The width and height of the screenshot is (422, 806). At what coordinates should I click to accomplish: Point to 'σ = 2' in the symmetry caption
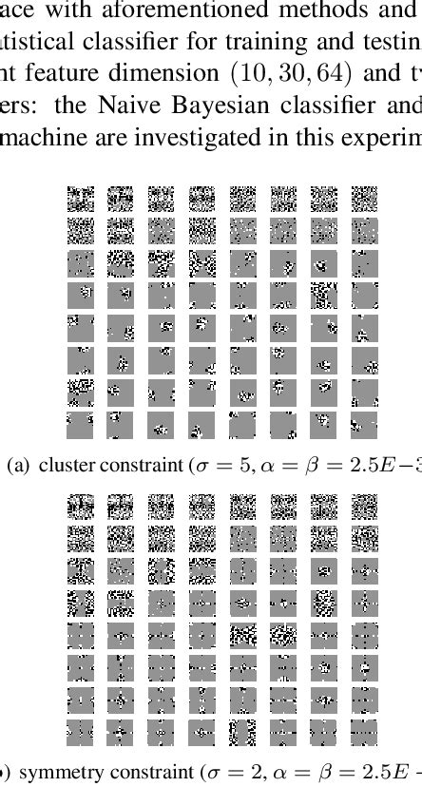[228, 772]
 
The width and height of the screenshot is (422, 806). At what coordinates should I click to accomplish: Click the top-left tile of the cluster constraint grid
[81, 199]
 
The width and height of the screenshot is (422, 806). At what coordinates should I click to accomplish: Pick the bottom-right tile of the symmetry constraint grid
[364, 732]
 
